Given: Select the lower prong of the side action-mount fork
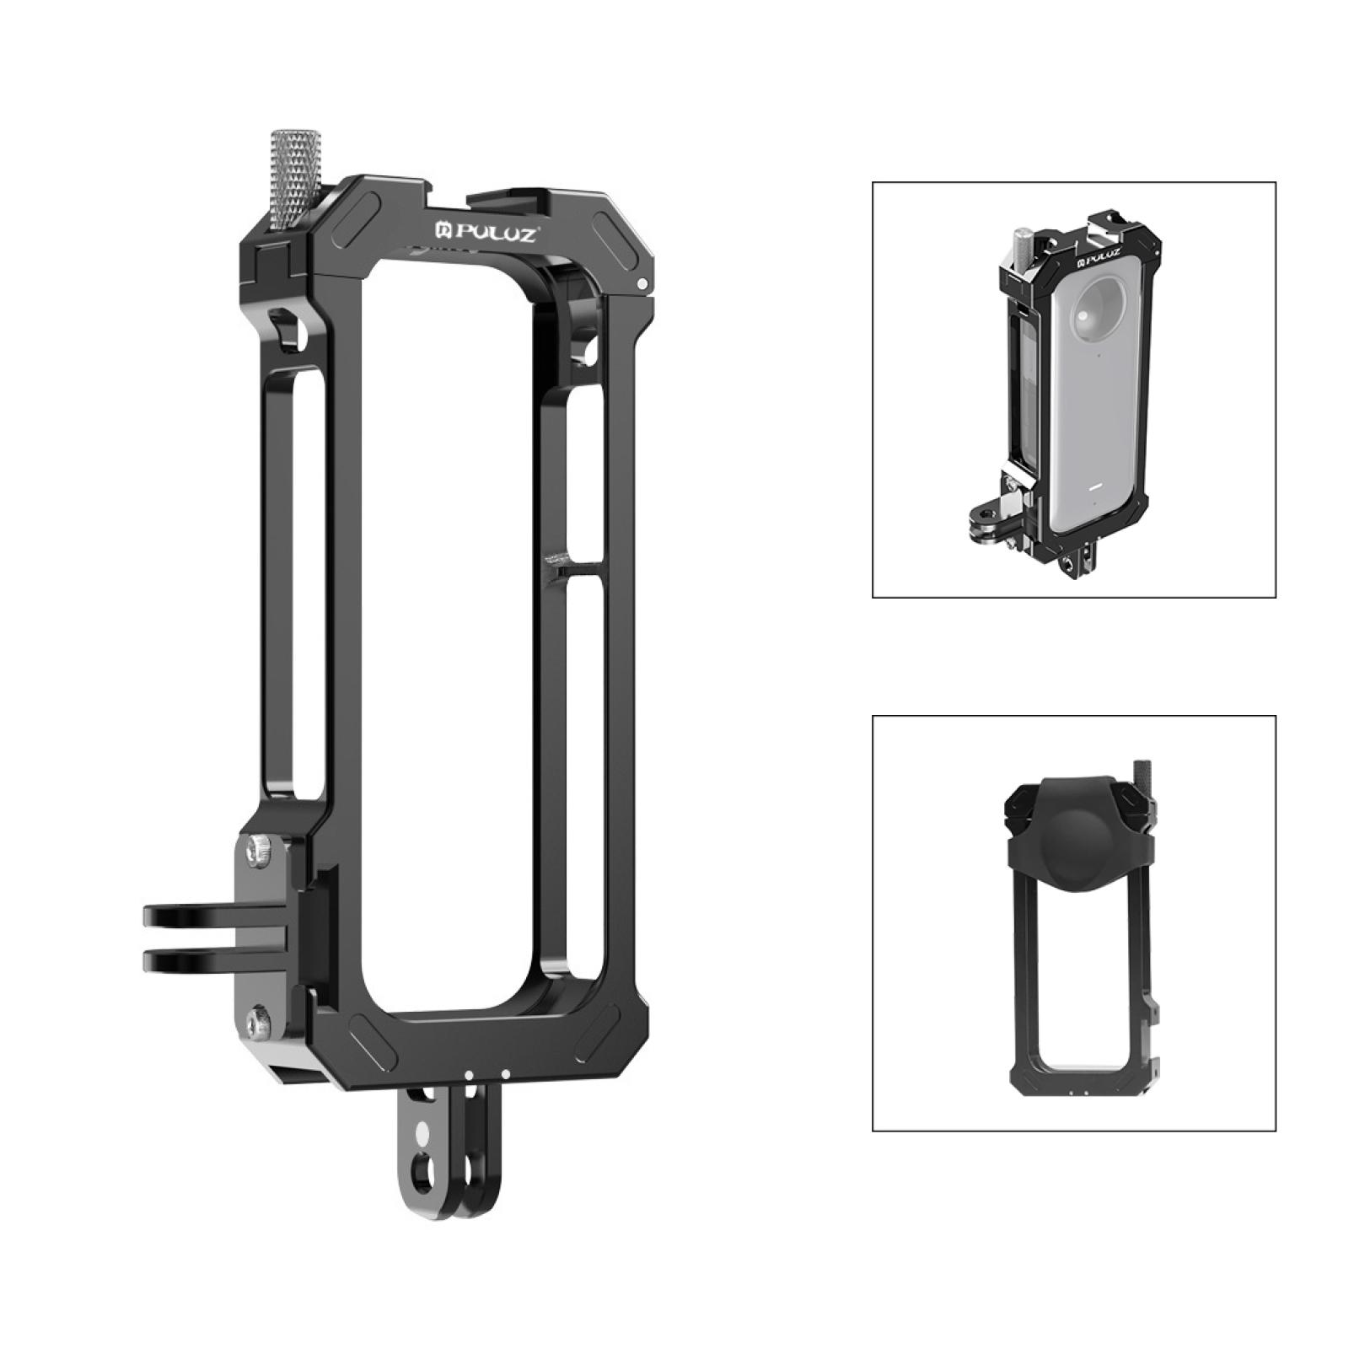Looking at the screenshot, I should coord(211,959).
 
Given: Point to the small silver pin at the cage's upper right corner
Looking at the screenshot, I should coord(643,284).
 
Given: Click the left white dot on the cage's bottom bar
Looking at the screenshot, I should coord(466,1075).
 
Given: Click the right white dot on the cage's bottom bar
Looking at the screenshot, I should coord(504,1074).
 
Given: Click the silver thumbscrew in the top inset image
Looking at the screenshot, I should coord(1024,241).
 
